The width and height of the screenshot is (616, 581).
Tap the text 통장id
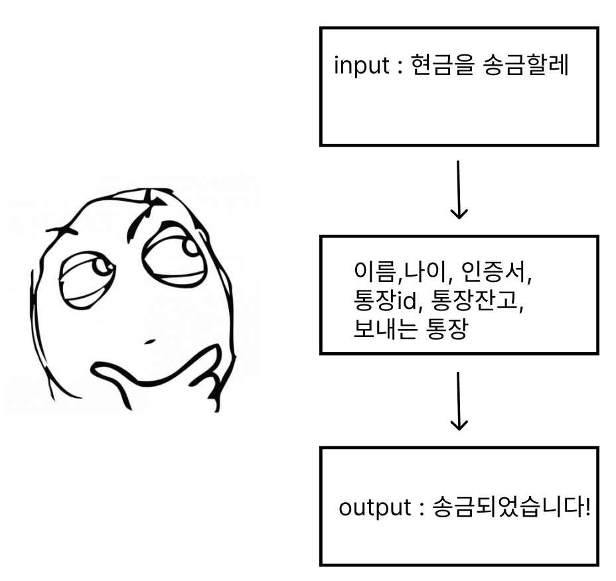coord(386,301)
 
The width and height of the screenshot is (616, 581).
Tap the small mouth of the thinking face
coord(149,342)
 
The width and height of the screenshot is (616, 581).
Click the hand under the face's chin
coord(199,378)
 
